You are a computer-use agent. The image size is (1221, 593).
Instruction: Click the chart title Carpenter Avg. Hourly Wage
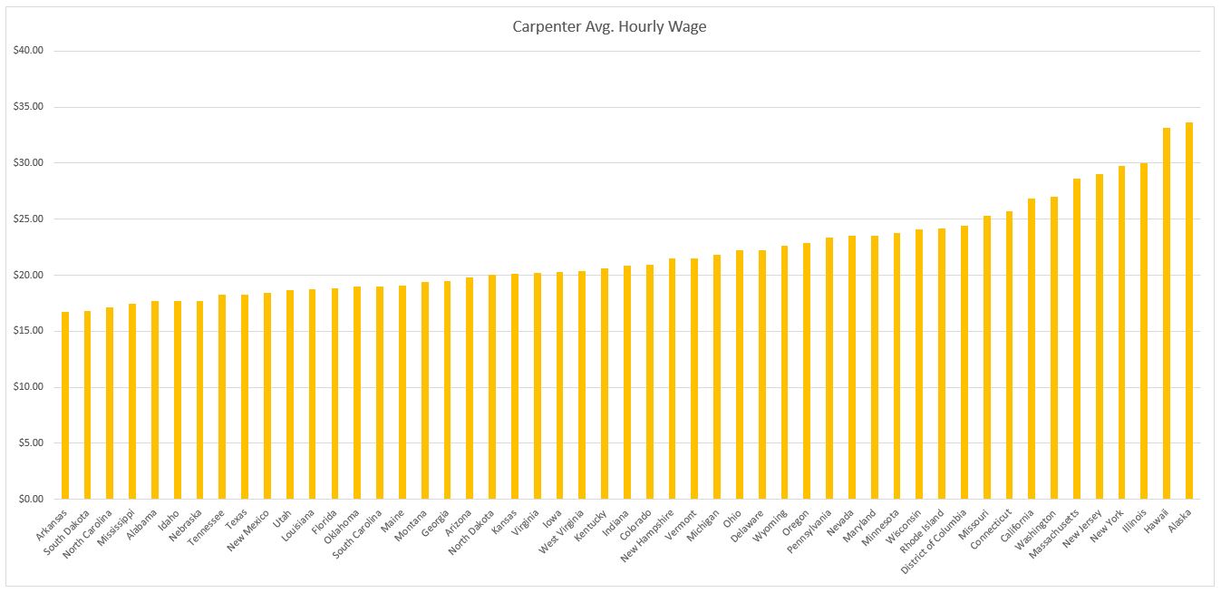pos(609,26)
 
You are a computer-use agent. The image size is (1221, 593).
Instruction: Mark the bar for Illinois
pos(1144,331)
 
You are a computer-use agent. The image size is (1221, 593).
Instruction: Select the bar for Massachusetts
pos(1077,339)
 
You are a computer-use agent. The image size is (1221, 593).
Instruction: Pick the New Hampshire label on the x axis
pos(649,534)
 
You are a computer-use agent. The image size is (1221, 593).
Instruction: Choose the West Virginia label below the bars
pos(563,531)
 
